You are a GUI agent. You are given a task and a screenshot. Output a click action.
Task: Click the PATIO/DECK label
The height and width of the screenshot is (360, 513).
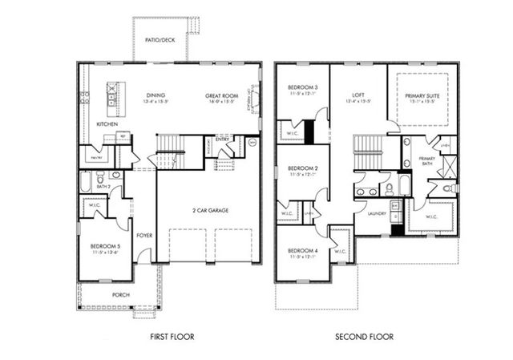160,38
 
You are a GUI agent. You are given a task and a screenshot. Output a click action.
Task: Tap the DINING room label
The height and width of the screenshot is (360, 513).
156,95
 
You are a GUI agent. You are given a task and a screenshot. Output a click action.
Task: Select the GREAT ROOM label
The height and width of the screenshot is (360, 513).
219,95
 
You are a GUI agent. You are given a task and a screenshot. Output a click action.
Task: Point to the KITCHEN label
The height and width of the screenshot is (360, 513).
107,125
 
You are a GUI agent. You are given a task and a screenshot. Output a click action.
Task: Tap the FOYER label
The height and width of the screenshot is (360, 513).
144,236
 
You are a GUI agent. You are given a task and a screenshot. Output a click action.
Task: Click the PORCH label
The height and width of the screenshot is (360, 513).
120,294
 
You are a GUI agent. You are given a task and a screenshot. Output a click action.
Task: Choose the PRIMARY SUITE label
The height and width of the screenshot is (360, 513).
422,95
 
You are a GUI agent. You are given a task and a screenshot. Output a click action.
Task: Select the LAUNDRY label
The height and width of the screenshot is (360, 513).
377,214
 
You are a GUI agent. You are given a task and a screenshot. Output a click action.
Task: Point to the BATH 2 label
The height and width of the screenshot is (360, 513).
103,186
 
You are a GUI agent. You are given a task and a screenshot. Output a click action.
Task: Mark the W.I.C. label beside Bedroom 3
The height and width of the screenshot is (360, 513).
289,134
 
